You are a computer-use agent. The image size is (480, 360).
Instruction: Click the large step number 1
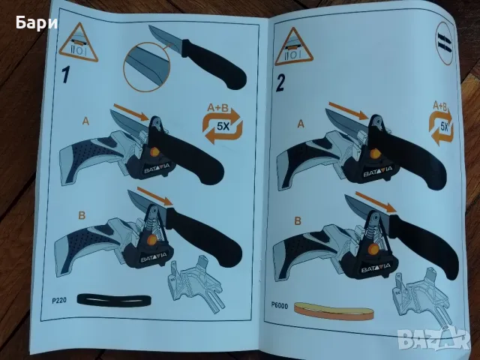click(66, 74)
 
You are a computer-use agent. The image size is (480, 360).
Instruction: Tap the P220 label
click(58, 301)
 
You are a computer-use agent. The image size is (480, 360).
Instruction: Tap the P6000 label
click(279, 305)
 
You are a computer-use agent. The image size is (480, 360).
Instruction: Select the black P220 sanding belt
click(114, 300)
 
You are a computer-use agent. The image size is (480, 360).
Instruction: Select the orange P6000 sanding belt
click(334, 312)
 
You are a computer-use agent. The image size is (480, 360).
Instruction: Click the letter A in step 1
click(85, 121)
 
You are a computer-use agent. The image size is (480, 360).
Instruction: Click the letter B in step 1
click(82, 215)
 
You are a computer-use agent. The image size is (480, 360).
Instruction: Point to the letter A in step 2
click(301, 124)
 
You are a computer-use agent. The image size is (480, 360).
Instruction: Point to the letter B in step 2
click(298, 220)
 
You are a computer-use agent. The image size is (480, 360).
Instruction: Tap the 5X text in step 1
click(223, 126)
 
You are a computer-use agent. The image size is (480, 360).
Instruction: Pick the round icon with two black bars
click(445, 43)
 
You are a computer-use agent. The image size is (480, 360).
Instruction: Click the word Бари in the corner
click(37, 23)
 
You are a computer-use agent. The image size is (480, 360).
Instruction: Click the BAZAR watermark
click(435, 338)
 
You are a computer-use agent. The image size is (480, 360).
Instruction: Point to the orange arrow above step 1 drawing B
click(155, 196)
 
